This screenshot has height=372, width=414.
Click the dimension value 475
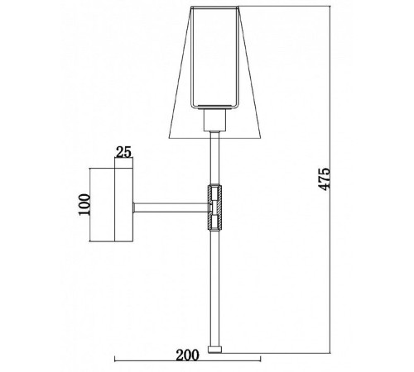click(x=325, y=179)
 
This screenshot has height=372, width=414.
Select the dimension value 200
click(x=187, y=355)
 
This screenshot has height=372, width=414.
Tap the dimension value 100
click(x=84, y=205)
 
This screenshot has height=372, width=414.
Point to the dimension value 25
click(x=123, y=152)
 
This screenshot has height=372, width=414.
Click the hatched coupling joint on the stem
click(x=214, y=207)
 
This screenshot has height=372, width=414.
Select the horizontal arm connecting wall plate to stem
click(x=171, y=207)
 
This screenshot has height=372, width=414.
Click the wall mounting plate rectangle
click(x=123, y=205)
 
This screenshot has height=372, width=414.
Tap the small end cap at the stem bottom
click(x=214, y=350)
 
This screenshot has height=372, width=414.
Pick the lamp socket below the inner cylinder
click(x=215, y=120)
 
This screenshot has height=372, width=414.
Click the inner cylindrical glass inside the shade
click(x=214, y=59)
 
